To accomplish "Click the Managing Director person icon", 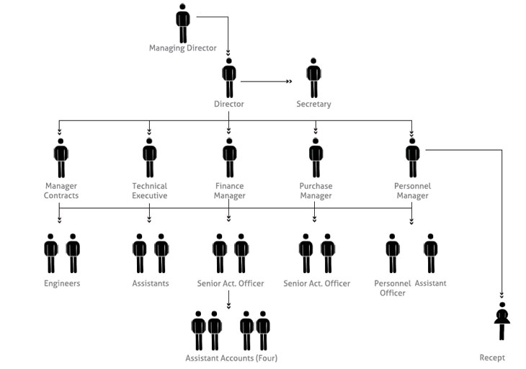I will pyautogui.click(x=183, y=24).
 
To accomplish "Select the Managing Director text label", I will pyautogui.click(x=183, y=48).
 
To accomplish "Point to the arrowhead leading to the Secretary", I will pyautogui.click(x=289, y=81).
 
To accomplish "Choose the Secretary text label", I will pyautogui.click(x=313, y=104).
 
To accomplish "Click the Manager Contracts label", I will pyautogui.click(x=61, y=191).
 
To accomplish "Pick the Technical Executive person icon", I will pyautogui.click(x=149, y=158).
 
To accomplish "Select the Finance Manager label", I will pyautogui.click(x=229, y=191).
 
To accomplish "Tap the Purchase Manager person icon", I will pyautogui.click(x=316, y=158).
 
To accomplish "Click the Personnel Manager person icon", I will pyautogui.click(x=412, y=158).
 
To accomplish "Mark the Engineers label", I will pyautogui.click(x=61, y=283).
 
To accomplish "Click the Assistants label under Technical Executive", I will pyautogui.click(x=151, y=283).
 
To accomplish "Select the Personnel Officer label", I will pyautogui.click(x=393, y=288).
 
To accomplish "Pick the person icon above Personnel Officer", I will pyautogui.click(x=393, y=253).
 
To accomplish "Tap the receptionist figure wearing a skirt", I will pyautogui.click(x=502, y=321).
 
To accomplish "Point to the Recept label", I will pyautogui.click(x=492, y=358).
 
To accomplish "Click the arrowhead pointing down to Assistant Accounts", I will pyautogui.click(x=229, y=306).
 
